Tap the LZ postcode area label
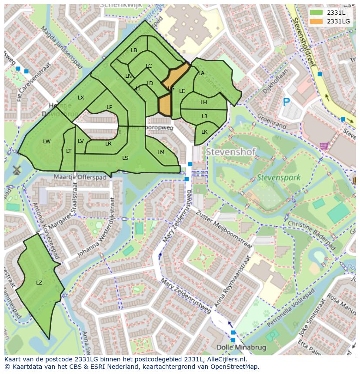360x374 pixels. coord(39,283)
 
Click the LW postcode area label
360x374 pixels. coord(47,142)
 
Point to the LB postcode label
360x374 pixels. coord(134,50)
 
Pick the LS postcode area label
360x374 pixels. coord(125,158)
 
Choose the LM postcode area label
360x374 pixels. coord(161,152)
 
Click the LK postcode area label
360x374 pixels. coord(204,132)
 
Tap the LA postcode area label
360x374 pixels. coord(201,73)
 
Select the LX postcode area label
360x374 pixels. coord(81,98)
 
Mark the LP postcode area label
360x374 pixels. coord(110,107)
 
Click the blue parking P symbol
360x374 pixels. coord(286,102)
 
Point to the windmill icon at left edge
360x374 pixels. coord(17,169)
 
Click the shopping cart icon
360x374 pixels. coord(323,146)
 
